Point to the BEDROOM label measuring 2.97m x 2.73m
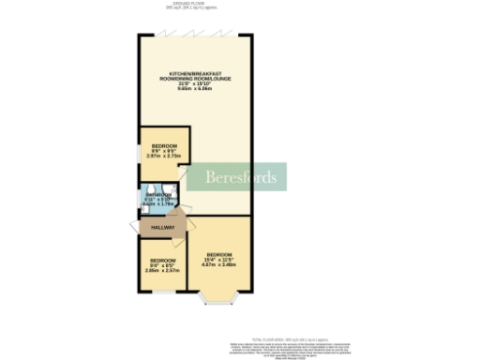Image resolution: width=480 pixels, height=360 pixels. tap(164, 146)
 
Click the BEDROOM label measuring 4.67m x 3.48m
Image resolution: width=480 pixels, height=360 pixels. tap(220, 255)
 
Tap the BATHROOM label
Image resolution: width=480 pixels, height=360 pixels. tap(157, 195)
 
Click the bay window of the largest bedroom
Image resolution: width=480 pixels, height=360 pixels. tap(219, 302)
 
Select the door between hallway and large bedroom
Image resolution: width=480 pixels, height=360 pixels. tap(188, 225)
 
